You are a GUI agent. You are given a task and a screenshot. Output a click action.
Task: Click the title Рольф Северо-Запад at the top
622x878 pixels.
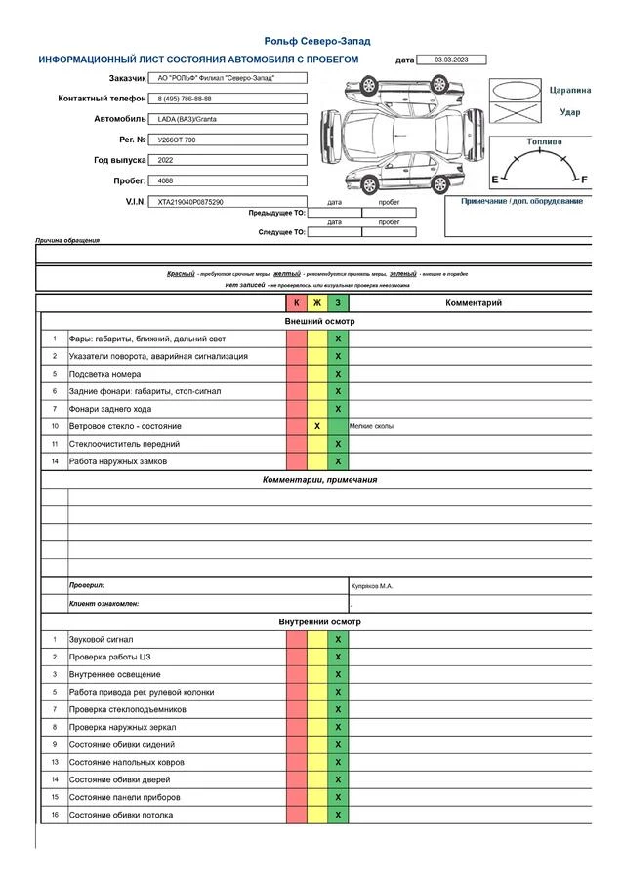316,41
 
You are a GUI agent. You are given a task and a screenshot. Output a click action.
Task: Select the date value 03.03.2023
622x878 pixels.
451,60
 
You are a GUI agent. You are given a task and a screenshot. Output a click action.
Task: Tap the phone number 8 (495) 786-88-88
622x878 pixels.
185,99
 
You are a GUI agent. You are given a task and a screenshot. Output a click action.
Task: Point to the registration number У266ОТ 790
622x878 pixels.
177,140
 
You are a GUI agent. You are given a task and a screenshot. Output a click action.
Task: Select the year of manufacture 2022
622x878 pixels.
165,160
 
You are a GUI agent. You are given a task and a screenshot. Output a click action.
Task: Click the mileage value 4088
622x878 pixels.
165,180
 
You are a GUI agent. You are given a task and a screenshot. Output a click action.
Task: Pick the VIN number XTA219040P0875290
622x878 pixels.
190,202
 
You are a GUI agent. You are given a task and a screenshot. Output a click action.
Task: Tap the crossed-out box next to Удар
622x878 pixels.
515,113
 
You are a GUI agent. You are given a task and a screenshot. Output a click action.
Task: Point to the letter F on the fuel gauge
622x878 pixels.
585,180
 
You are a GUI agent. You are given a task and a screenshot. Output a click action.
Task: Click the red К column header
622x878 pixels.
297,303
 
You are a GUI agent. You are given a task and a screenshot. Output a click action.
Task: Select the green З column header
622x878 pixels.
338,303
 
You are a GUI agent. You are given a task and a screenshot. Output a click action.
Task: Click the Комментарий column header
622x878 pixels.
474,303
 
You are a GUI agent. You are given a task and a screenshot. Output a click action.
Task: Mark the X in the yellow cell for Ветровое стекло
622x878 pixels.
317,426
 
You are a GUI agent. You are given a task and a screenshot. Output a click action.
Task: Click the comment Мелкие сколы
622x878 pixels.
372,426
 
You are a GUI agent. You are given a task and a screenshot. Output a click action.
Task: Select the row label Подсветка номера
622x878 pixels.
104,374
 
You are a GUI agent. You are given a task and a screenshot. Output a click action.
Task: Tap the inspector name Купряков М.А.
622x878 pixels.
371,586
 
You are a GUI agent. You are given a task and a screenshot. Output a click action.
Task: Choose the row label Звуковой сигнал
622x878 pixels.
101,639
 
